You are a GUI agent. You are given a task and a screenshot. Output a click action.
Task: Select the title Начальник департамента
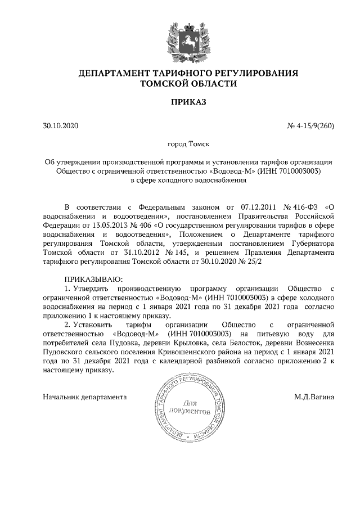[x=84, y=397]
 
